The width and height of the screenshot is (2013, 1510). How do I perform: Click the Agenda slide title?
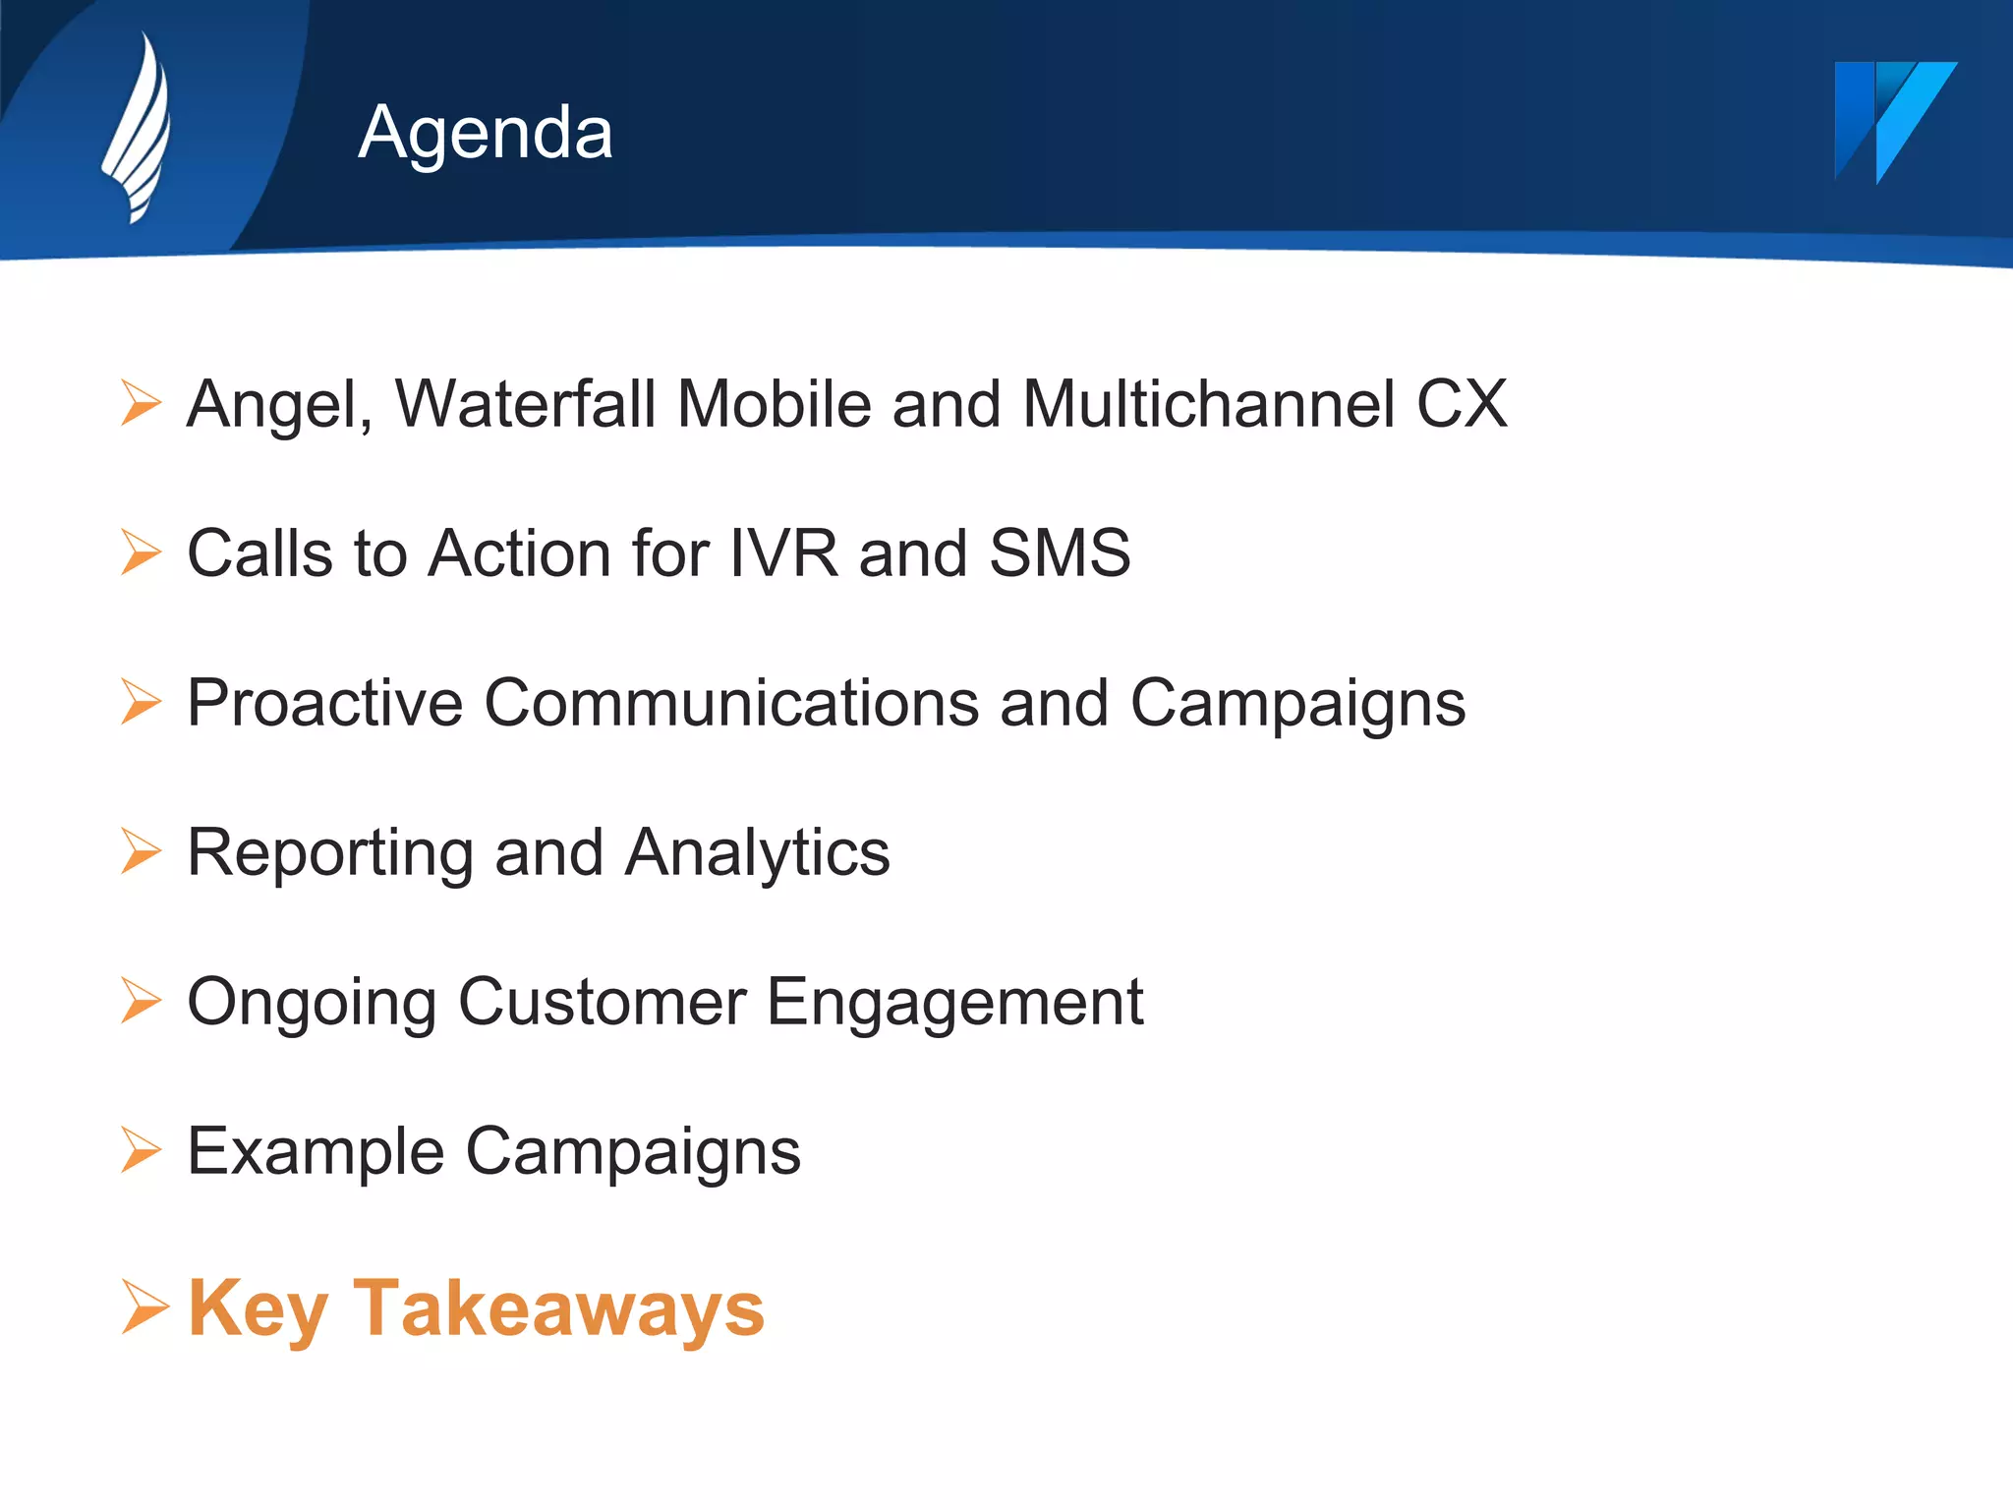coord(486,132)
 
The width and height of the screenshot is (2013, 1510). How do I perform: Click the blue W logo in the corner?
coord(1893,120)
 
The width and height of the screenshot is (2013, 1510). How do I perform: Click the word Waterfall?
coord(525,404)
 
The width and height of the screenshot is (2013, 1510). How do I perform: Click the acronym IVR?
coord(783,552)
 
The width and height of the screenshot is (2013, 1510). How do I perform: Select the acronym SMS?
coord(1060,552)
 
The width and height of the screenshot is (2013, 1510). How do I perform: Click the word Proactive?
coord(324,704)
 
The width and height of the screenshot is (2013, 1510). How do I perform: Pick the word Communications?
coord(731,704)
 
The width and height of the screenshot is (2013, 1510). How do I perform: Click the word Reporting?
coord(330,853)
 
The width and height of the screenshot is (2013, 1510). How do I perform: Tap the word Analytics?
coord(757,853)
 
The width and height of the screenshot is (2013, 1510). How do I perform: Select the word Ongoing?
coord(312,1004)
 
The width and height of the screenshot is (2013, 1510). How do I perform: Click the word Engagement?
coord(954,1004)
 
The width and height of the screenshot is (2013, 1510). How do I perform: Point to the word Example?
coord(316,1152)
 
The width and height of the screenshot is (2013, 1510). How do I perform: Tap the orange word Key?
coord(258,1310)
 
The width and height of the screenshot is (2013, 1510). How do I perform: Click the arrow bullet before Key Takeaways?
coord(144,1307)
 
